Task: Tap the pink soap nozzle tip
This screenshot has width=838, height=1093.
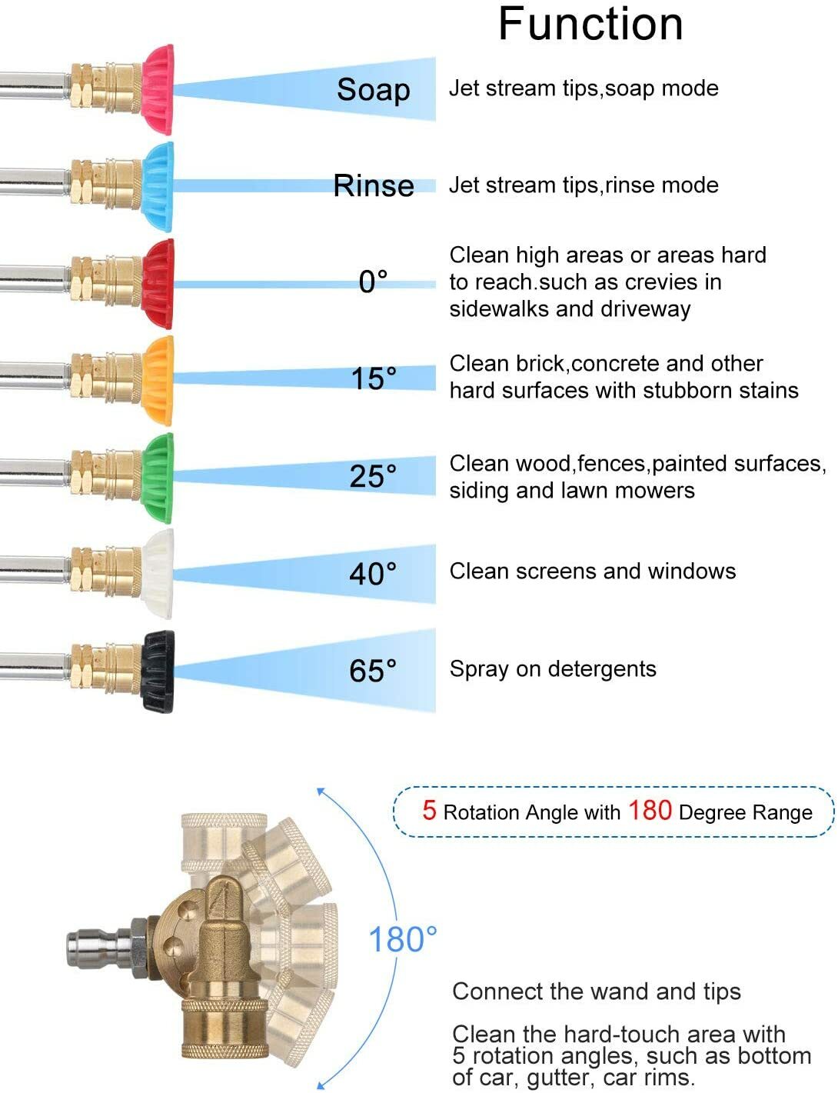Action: click(158, 90)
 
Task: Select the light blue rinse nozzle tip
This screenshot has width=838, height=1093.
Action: click(158, 187)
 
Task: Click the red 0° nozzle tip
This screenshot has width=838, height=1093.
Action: click(158, 284)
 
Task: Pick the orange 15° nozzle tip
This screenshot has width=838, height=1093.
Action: click(158, 381)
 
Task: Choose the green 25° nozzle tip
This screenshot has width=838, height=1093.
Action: click(158, 478)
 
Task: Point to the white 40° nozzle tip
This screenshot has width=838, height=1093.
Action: click(158, 574)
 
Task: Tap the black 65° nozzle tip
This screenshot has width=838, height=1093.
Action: click(158, 671)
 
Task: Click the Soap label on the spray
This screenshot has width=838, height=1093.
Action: click(374, 90)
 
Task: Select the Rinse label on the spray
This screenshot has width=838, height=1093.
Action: click(374, 185)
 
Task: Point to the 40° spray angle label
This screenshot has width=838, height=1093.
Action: click(373, 573)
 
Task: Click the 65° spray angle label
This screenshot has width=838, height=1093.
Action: click(373, 671)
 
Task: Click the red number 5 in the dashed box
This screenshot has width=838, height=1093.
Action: click(429, 810)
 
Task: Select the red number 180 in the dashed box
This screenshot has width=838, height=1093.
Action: click(650, 810)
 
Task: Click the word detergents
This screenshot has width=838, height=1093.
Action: click(602, 669)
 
